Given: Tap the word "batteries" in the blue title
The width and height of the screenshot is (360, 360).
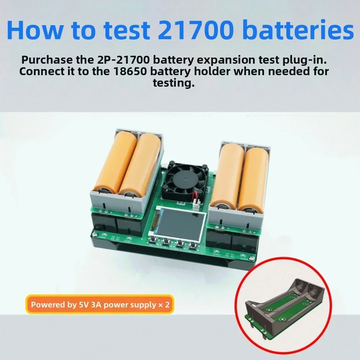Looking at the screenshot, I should pos(304,31).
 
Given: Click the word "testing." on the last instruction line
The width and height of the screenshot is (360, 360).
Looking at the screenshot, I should pos(174,83).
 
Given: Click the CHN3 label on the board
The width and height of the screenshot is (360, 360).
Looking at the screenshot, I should pos(216,254).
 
